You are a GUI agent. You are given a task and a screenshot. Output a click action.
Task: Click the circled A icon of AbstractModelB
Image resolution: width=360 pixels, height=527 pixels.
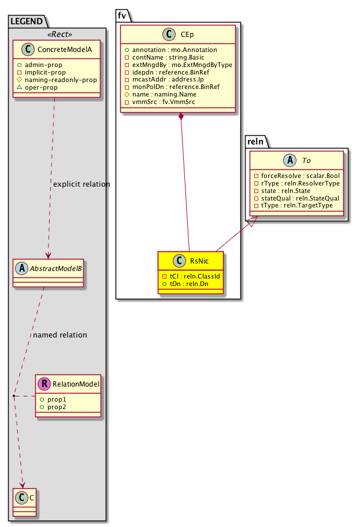point(21,269)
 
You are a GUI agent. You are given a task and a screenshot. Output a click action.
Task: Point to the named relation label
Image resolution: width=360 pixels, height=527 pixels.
point(60,335)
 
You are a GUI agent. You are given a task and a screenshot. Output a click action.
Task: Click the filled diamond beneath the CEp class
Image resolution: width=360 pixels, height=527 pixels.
point(181,118)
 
